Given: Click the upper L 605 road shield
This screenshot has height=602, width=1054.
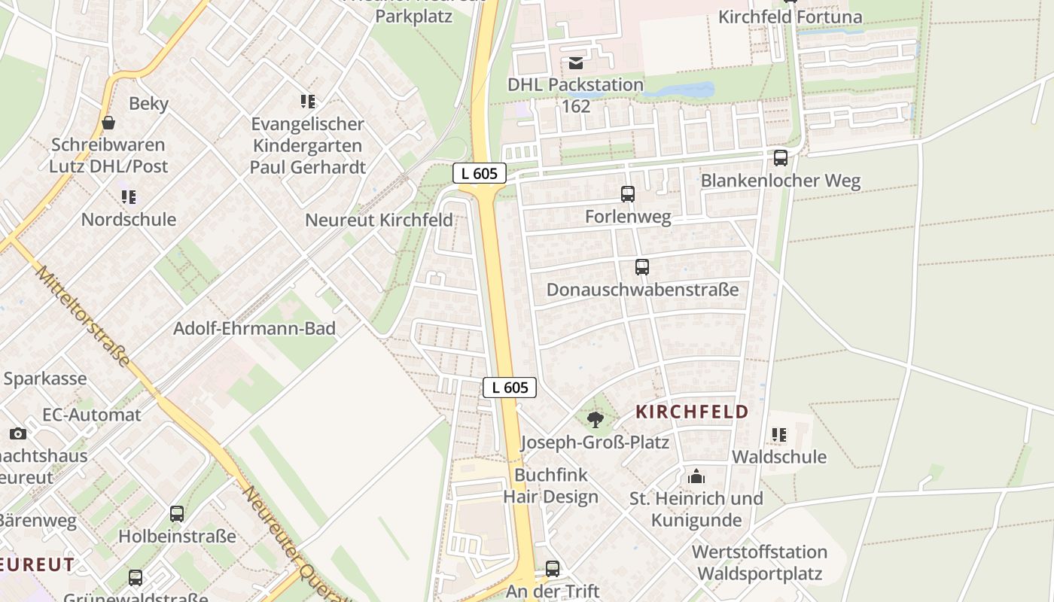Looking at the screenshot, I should (480, 173).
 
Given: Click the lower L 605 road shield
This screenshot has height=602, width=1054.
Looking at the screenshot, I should (510, 388).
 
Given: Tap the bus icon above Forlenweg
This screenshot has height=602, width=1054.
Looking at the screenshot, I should (628, 194).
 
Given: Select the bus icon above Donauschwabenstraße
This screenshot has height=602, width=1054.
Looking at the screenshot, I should (641, 267).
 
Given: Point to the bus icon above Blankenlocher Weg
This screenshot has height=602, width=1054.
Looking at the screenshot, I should (781, 158).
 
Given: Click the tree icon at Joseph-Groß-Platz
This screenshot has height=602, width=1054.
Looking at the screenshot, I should (596, 419).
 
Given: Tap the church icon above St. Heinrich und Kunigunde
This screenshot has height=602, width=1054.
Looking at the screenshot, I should (696, 476).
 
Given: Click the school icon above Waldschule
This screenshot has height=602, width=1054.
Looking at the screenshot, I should (779, 435).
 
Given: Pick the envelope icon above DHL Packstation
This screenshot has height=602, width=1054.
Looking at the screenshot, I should (576, 62).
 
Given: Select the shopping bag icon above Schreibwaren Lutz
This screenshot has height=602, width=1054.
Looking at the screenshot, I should (108, 122).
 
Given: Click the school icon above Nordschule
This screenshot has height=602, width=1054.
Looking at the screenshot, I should (129, 197).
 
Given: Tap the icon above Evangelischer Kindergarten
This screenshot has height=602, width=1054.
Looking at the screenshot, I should (307, 101).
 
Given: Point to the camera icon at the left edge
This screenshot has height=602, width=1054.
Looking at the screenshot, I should (18, 433).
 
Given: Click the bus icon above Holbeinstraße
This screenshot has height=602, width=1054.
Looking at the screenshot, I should (177, 514).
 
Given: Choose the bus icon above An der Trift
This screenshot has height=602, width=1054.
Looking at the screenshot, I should (553, 569).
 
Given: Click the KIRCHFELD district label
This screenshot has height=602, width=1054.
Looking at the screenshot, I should (692, 412).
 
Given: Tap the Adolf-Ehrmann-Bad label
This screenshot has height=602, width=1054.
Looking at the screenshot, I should (254, 329).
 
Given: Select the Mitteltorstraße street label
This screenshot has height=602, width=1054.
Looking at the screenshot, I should (82, 316).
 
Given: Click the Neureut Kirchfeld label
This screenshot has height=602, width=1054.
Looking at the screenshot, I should (379, 220).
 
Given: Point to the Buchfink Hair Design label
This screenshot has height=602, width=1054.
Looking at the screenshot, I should (551, 486).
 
